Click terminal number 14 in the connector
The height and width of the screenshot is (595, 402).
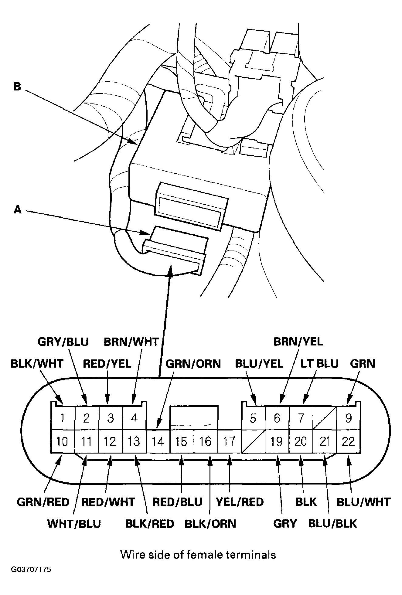pyautogui.click(x=158, y=441)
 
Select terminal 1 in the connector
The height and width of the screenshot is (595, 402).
pyautogui.click(x=62, y=418)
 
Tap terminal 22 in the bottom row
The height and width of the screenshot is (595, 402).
pyautogui.click(x=348, y=441)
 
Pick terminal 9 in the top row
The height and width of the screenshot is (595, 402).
pyautogui.click(x=348, y=418)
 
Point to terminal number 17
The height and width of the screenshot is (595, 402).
pyautogui.click(x=229, y=441)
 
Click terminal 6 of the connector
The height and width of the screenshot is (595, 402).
pyautogui.click(x=277, y=418)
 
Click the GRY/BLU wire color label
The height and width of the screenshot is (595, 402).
pyautogui.click(x=63, y=342)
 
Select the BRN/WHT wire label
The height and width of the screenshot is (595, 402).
pyautogui.click(x=131, y=342)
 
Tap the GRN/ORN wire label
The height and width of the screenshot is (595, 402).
pyautogui.click(x=193, y=363)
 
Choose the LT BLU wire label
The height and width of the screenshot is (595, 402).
pyautogui.click(x=319, y=363)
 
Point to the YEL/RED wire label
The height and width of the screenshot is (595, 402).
pyautogui.click(x=240, y=502)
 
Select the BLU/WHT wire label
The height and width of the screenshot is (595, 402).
pyautogui.click(x=363, y=502)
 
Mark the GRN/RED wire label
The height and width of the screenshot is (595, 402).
pyautogui.click(x=43, y=502)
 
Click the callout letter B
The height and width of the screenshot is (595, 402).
pyautogui.click(x=17, y=87)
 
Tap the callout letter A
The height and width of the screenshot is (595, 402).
pyautogui.click(x=18, y=209)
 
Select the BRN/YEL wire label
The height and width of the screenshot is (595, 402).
pyautogui.click(x=298, y=342)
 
